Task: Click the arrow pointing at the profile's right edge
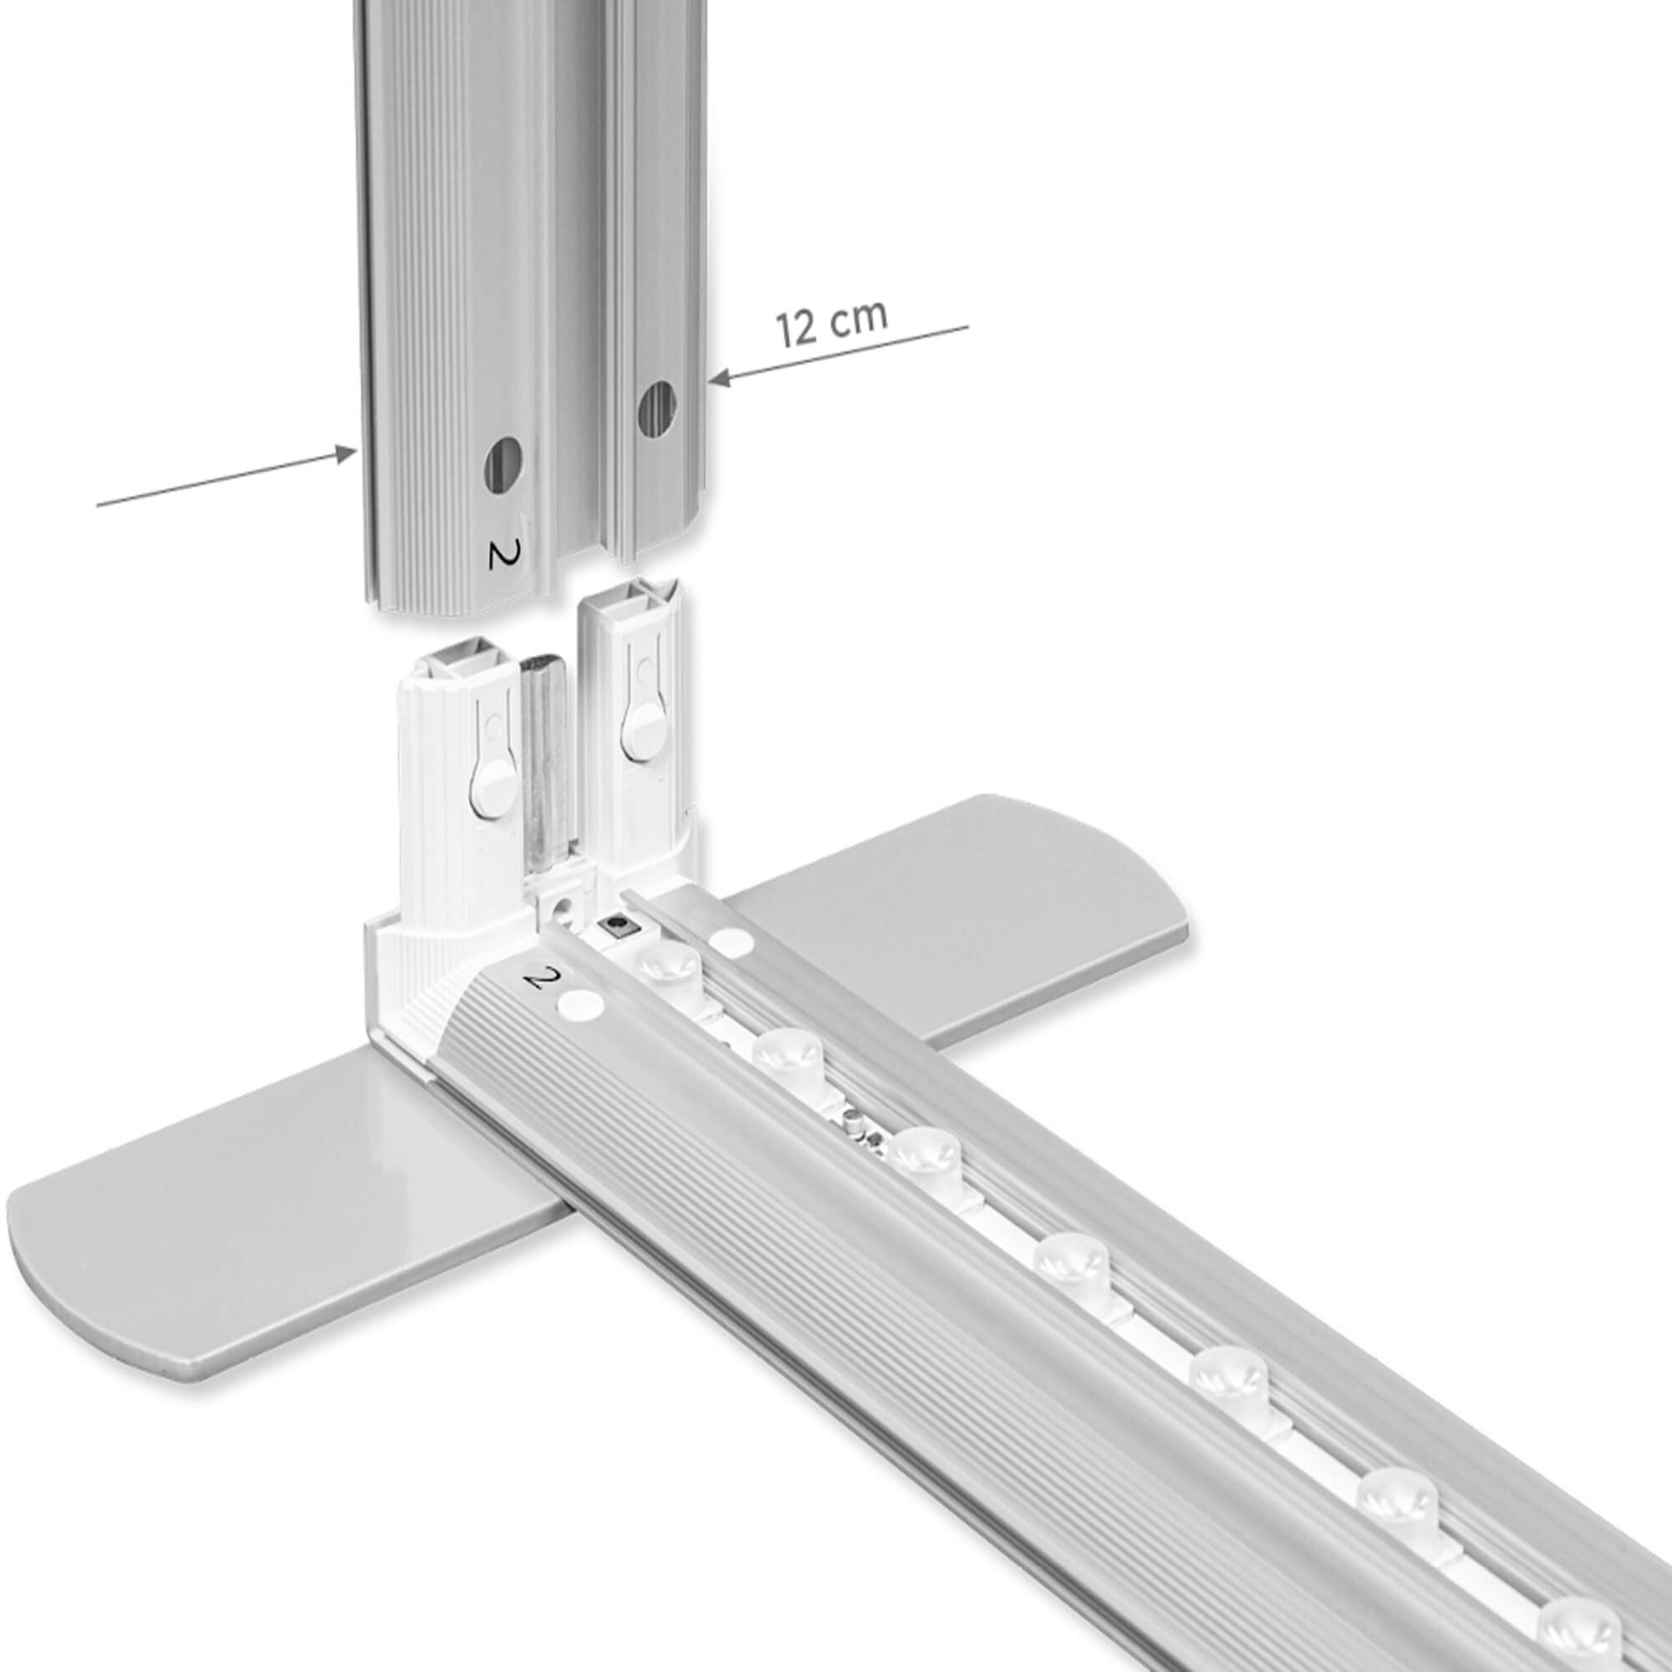coord(838,352)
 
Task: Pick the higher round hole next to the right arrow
coord(658,409)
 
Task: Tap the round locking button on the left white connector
coord(492,789)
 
